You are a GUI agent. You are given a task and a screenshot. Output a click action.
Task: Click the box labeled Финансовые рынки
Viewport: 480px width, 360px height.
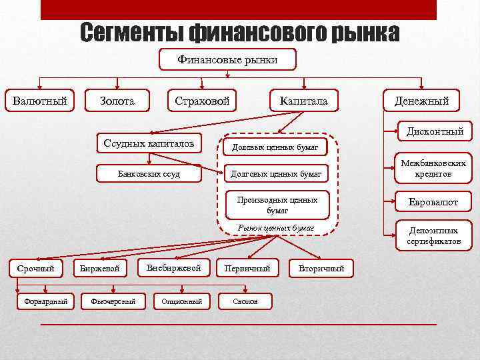point(227,60)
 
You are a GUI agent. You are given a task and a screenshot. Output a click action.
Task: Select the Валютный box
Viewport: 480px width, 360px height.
point(39,101)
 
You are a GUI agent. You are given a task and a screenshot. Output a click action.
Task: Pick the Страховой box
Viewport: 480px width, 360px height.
point(202,101)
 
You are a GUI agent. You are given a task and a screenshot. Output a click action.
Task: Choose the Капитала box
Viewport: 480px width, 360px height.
point(304,101)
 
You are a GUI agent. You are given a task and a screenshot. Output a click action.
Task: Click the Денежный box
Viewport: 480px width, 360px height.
point(421,101)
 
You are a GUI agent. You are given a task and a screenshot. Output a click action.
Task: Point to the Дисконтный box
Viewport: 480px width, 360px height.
point(435,131)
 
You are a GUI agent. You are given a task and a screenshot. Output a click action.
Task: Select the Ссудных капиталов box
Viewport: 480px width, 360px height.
point(149,143)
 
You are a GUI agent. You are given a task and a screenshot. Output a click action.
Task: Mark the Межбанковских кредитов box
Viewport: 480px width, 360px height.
point(433,168)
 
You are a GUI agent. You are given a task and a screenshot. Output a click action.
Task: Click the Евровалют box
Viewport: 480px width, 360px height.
point(433,202)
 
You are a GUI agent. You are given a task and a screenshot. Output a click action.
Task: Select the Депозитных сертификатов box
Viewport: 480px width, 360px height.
point(433,236)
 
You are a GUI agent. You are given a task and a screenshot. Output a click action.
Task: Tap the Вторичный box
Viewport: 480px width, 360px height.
point(322,269)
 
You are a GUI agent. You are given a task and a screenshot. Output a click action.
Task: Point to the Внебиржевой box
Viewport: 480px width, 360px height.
point(173,267)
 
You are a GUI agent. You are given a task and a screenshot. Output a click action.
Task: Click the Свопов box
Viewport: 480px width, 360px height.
point(245,301)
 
